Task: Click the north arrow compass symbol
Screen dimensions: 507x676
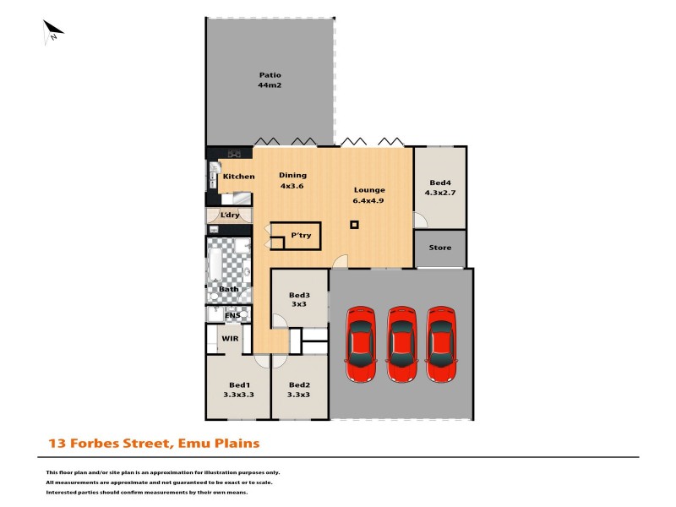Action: pos(53,31)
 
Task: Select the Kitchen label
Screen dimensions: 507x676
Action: pos(238,177)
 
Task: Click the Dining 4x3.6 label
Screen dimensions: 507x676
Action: pos(292,181)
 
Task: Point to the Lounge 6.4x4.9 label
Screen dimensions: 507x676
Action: pos(368,195)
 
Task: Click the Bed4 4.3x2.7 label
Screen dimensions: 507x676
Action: pos(439,188)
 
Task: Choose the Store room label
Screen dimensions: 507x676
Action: pos(439,248)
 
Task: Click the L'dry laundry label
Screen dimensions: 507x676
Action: pos(230,215)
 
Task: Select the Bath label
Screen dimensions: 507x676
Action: pos(229,289)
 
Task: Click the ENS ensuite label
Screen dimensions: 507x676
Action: pos(232,315)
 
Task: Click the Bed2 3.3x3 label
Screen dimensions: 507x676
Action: pos(299,389)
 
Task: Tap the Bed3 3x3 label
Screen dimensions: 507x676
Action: pos(299,300)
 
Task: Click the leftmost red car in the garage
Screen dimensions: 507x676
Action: pos(361,346)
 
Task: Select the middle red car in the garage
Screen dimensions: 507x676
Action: pos(402,346)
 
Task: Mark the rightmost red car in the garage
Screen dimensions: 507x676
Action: pos(442,346)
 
